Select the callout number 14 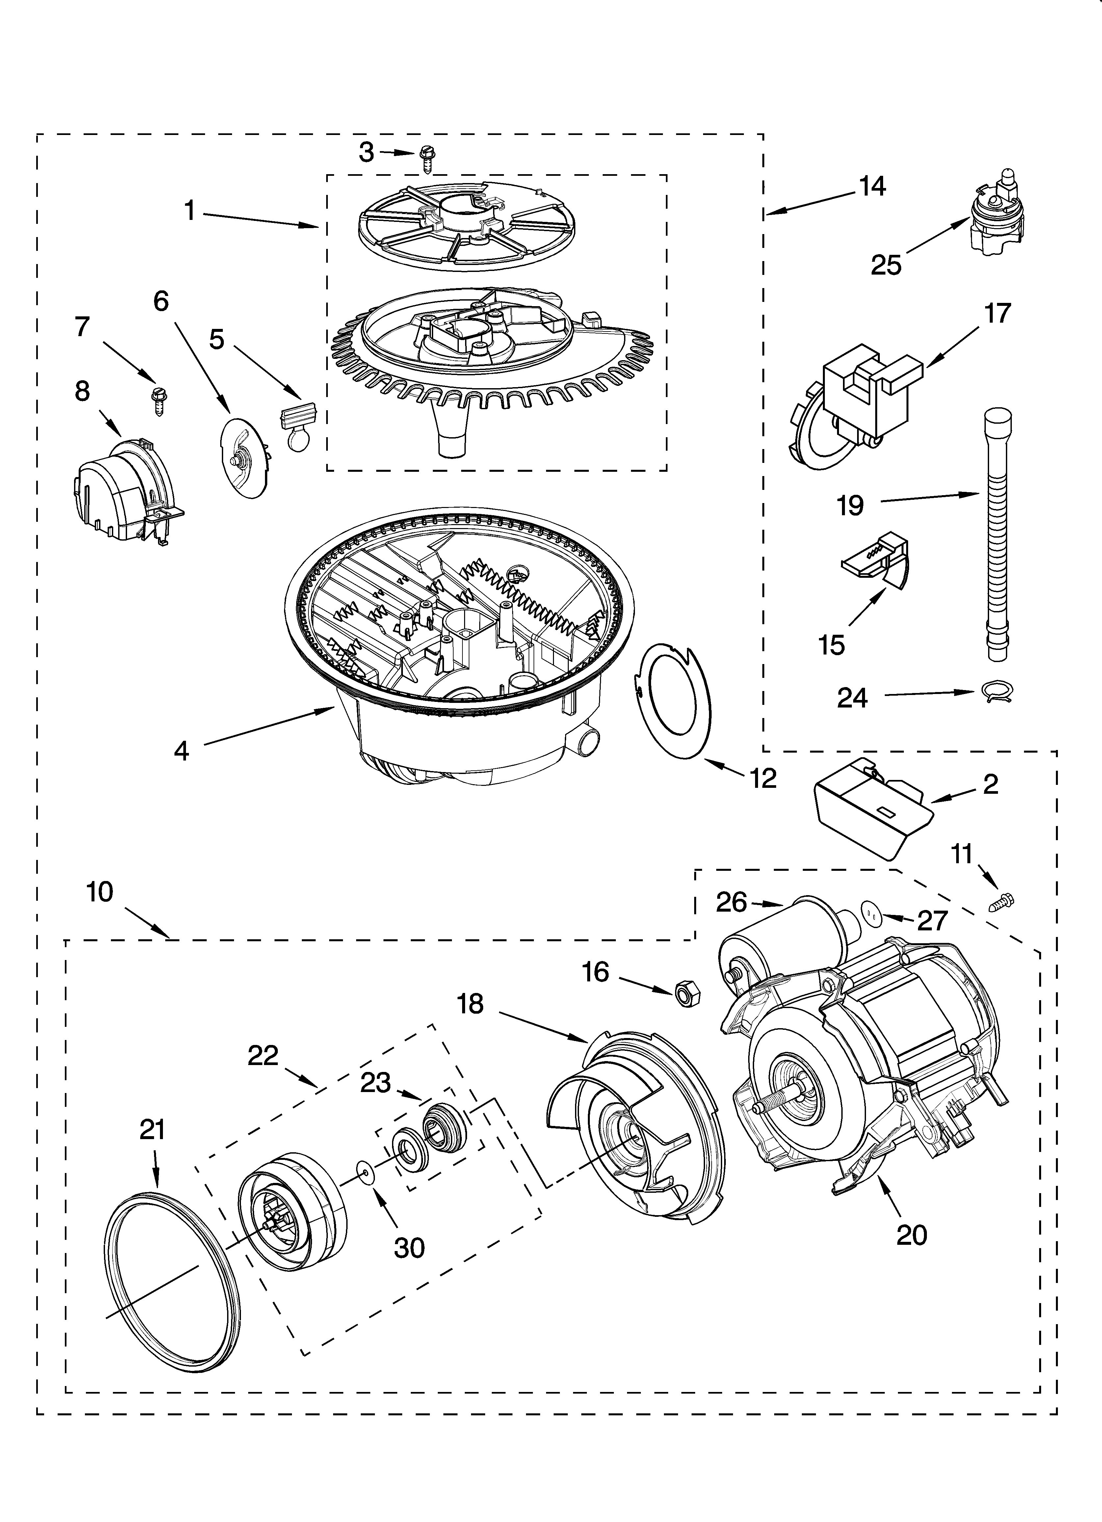pos(872,186)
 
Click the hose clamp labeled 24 pos(996,691)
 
